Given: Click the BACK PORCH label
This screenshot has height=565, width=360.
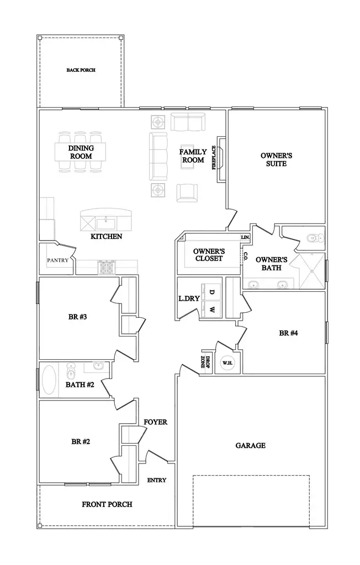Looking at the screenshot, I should [81, 70].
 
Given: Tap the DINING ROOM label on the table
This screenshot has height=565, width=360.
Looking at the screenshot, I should [81, 152].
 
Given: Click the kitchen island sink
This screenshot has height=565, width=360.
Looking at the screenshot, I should [105, 223].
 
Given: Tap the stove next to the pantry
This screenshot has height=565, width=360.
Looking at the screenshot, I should [105, 268].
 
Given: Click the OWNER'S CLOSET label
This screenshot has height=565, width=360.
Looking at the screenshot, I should [208, 254].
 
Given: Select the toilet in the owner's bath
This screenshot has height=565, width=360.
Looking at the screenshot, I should [314, 238].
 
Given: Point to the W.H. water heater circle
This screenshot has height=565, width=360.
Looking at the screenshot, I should [226, 363].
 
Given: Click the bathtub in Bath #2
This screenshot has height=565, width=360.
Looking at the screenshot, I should [50, 379].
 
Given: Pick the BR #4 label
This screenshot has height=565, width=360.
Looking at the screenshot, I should [288, 333].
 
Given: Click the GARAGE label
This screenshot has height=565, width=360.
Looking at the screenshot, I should [250, 445].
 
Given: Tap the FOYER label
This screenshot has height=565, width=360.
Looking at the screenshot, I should [155, 422].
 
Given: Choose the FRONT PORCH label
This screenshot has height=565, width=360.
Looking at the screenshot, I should [107, 504].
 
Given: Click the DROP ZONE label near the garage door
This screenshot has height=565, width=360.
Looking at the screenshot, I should [204, 362].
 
